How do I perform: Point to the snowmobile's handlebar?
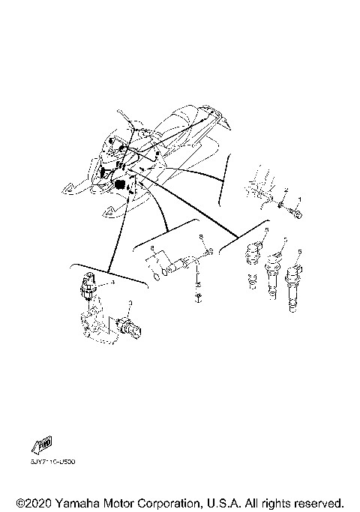pos(124,120)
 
